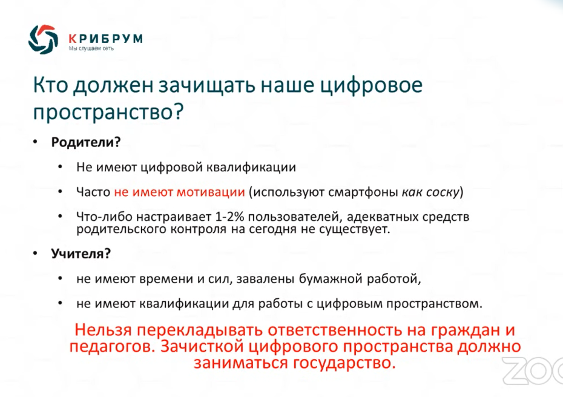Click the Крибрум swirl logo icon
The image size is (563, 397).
point(43,39)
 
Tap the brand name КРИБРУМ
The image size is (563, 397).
point(105,38)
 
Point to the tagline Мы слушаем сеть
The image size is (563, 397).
point(91,48)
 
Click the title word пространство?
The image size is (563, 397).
point(108,111)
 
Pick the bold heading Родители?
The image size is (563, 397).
point(86,142)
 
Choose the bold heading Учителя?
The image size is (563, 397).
point(81,254)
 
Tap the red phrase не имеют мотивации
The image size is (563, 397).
point(180,192)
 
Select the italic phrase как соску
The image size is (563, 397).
point(430,192)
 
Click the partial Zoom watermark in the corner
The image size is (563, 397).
point(533,371)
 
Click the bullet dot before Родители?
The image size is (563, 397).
point(35,142)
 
